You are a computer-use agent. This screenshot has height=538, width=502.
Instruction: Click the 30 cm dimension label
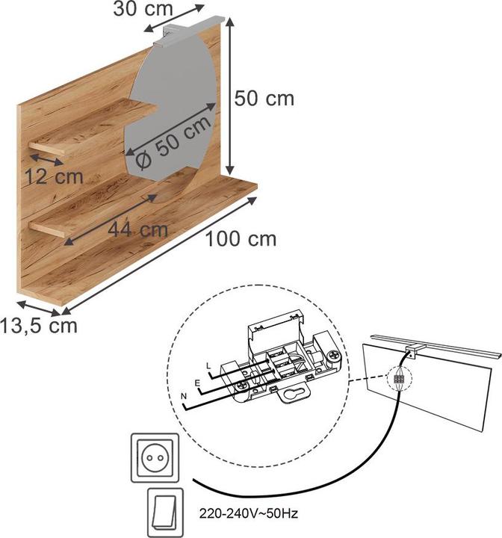coord(143,9)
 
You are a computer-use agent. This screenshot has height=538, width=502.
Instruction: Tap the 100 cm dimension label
coord(241,239)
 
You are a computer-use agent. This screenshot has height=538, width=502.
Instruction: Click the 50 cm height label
coord(264,98)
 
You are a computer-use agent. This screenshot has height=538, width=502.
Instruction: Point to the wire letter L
coord(208,365)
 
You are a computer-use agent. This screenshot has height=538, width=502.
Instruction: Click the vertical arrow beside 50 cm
coord(229,97)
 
